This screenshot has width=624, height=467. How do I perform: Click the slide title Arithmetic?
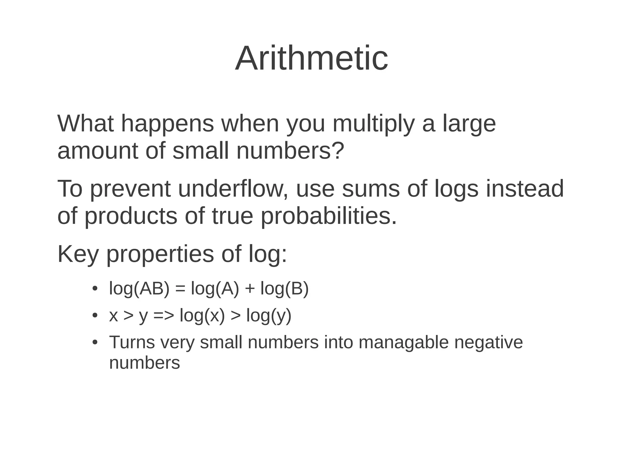[311, 58]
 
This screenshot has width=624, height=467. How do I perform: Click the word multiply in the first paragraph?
[374, 124]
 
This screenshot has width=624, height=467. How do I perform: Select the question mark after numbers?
[338, 151]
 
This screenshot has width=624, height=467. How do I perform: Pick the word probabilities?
[329, 216]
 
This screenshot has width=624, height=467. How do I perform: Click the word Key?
[78, 254]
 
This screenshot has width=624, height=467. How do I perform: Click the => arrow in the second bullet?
[164, 315]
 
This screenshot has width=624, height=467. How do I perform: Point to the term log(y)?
[269, 315]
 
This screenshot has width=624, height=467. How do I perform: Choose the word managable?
[403, 342]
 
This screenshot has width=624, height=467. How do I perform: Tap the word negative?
[488, 342]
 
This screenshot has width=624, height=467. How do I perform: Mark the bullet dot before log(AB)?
[95, 288]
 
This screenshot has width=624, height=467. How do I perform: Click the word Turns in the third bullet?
[132, 342]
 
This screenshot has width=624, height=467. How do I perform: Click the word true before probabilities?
[232, 216]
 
